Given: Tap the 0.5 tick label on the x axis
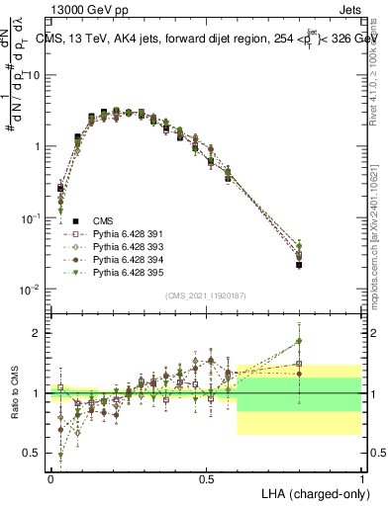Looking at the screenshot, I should (x=206, y=475).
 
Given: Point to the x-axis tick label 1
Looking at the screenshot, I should (x=361, y=475).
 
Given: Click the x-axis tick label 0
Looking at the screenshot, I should (x=50, y=475).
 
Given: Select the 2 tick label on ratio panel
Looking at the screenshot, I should (x=36, y=333).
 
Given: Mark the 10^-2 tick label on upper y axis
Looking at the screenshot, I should (x=30, y=289).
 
